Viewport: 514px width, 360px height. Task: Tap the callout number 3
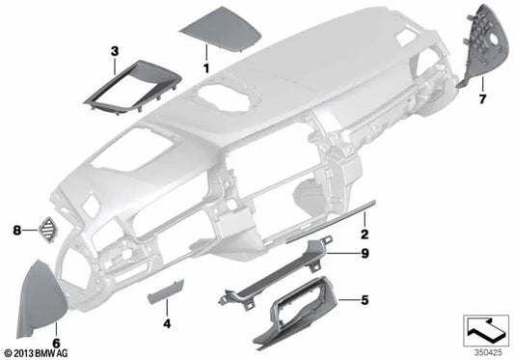point(114,50)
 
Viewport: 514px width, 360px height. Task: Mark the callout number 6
point(56,342)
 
